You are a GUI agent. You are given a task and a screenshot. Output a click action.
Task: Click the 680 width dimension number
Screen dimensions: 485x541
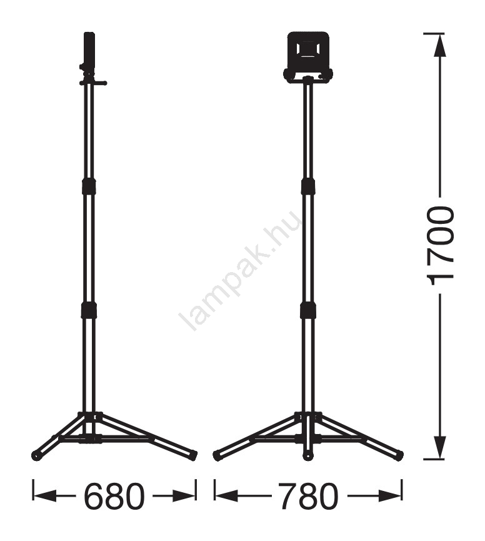point(114,497)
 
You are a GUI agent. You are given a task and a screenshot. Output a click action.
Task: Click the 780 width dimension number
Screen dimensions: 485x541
point(308,497)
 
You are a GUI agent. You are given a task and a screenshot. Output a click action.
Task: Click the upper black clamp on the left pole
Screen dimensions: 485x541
point(89,186)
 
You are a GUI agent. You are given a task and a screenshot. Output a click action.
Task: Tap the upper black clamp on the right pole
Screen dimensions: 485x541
point(308,186)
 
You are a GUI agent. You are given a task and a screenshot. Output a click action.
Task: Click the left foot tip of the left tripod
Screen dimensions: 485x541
point(36,455)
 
